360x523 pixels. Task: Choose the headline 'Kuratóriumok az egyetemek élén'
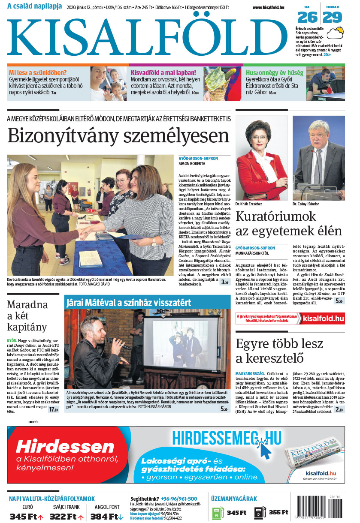[x=288, y=224]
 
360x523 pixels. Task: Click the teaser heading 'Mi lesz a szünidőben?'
[x=38, y=72]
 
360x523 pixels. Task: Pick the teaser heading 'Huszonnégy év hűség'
[x=275, y=72]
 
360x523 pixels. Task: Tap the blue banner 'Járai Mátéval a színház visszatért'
[x=129, y=302]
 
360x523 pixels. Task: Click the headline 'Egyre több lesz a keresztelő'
[x=279, y=351]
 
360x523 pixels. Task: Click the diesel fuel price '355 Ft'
[x=278, y=512]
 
